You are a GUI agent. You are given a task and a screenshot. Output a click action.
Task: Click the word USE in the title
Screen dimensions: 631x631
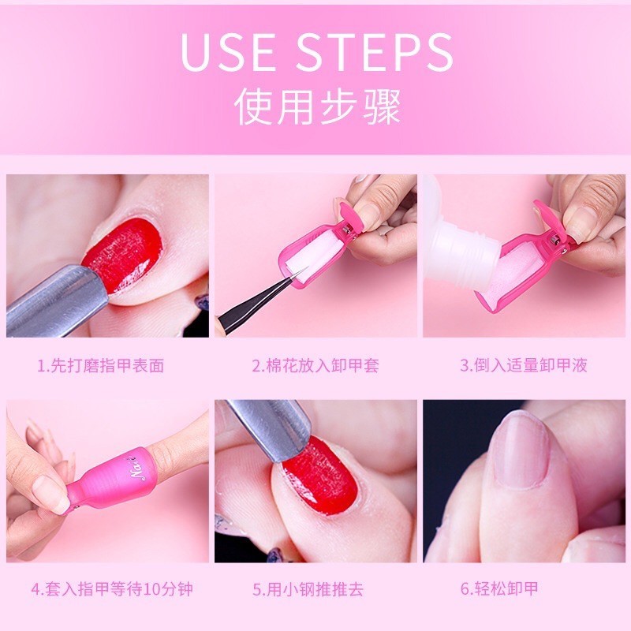[228, 52]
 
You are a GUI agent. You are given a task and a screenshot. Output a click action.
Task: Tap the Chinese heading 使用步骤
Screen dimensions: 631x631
[318, 107]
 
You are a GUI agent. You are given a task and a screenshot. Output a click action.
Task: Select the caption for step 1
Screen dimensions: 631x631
[101, 366]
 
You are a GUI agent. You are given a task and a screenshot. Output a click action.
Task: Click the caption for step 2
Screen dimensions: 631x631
[315, 366]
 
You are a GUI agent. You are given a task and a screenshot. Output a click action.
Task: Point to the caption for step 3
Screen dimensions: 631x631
[524, 365]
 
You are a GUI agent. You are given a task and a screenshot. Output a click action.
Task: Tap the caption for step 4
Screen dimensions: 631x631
[112, 589]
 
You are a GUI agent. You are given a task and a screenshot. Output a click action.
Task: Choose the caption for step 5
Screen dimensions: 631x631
[308, 589]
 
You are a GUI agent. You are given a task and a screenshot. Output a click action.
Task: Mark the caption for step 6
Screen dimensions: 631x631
[499, 588]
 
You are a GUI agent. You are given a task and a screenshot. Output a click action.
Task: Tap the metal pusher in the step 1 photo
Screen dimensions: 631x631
[52, 302]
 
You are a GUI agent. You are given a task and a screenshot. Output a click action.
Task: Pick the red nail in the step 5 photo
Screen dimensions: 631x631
[320, 475]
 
